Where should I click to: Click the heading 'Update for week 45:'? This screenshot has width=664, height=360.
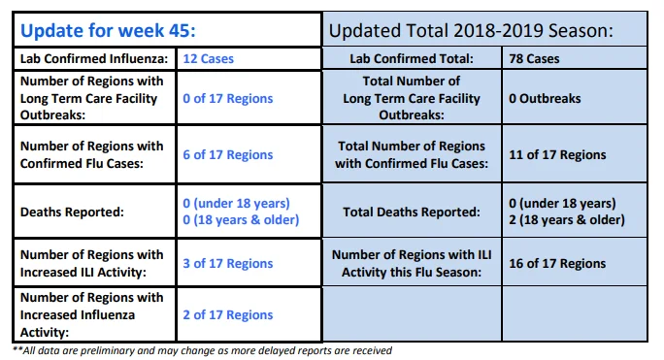click(x=108, y=30)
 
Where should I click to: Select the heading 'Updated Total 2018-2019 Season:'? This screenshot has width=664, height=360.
click(x=471, y=30)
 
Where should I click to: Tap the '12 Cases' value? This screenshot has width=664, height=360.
click(x=209, y=58)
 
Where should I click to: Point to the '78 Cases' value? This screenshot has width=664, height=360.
click(x=534, y=58)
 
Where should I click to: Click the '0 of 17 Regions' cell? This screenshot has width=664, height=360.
click(x=228, y=98)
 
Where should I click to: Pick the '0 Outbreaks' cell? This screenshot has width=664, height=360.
click(x=545, y=98)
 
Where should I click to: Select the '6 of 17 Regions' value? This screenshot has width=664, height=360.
click(x=228, y=154)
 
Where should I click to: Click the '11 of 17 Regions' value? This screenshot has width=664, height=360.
click(x=557, y=154)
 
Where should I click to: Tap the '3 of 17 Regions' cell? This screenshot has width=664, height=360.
click(x=228, y=263)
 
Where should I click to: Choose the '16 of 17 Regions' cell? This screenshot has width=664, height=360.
click(x=557, y=263)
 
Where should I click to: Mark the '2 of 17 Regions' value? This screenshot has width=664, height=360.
click(x=228, y=314)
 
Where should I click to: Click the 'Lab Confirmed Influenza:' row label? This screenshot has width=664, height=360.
click(x=94, y=58)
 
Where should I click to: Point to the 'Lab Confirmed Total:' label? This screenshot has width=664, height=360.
click(x=412, y=58)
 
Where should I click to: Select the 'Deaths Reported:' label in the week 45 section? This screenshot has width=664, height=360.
click(x=72, y=212)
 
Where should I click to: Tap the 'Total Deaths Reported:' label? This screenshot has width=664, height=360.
click(x=412, y=212)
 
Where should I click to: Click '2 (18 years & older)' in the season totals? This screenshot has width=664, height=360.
click(x=567, y=220)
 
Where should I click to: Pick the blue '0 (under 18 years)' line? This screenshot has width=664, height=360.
click(x=236, y=204)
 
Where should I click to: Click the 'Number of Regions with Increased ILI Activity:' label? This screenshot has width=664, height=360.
click(x=91, y=263)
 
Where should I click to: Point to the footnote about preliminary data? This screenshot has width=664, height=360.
click(x=203, y=350)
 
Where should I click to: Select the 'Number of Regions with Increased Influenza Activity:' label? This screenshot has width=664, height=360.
click(x=91, y=314)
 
